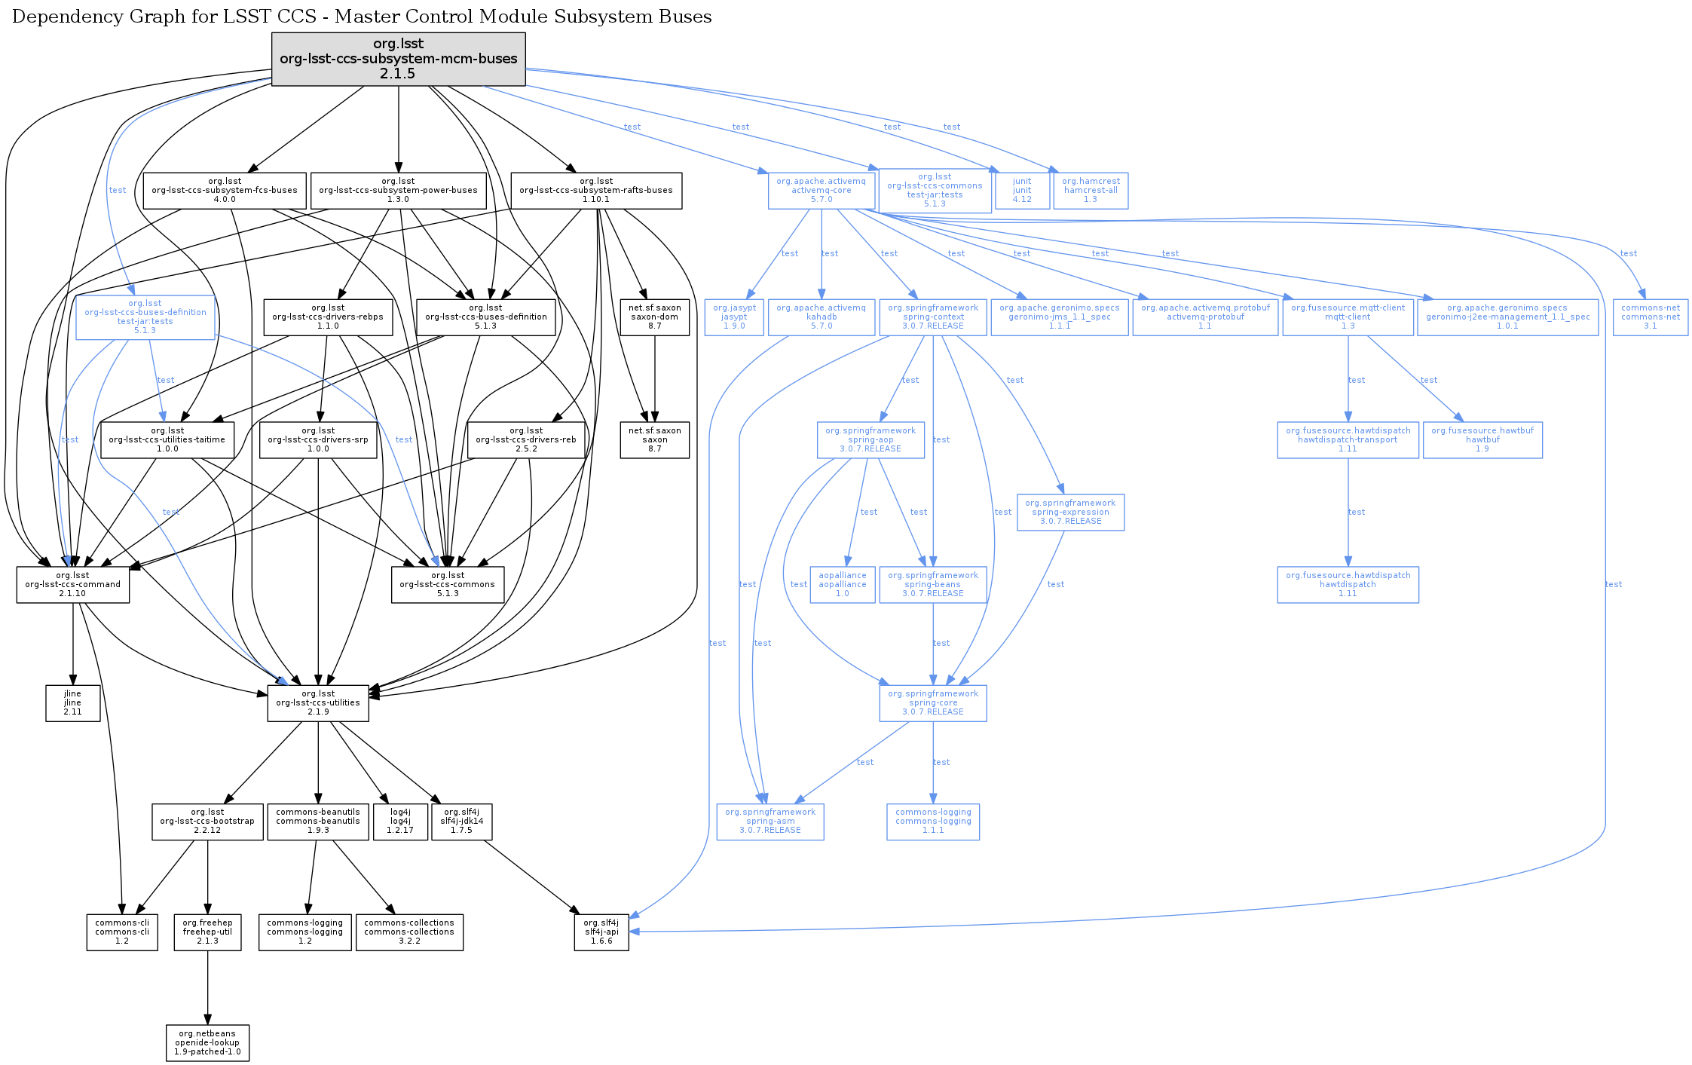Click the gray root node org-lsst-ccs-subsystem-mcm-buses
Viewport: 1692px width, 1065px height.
(398, 59)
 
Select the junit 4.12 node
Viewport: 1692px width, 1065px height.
(1022, 191)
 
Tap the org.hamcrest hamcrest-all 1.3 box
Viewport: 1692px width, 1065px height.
(1091, 191)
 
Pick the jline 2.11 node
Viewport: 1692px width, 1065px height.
(72, 703)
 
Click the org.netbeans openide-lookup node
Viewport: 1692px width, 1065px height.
(207, 1043)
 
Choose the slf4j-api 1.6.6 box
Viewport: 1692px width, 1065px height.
(601, 932)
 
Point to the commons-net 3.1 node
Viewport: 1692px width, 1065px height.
(1650, 317)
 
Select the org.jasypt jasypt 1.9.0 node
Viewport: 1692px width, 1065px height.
(734, 317)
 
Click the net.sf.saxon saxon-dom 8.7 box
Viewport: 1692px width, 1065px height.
(654, 317)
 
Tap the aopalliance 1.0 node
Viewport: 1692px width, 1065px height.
(843, 585)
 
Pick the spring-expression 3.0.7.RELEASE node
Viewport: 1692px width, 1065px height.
(1070, 513)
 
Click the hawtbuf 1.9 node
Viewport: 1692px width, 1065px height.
(1482, 440)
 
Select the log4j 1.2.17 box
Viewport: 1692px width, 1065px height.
(400, 822)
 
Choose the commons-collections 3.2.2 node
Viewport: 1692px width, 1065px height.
(409, 932)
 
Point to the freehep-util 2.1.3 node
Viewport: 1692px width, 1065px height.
(207, 932)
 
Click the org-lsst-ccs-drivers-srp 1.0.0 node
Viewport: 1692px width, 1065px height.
(318, 440)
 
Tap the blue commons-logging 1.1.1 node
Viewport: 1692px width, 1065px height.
(933, 822)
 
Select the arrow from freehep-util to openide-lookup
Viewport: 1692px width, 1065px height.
(207, 987)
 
